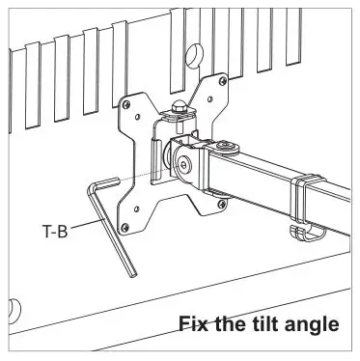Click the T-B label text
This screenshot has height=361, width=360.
click(54, 232)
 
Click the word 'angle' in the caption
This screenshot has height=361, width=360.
click(309, 324)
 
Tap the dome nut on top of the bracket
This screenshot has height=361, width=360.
click(180, 107)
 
